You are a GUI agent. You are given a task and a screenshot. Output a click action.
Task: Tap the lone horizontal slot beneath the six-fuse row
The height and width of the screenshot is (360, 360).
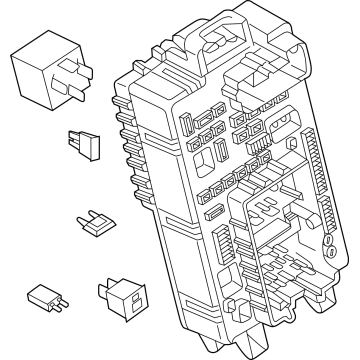point(213,212)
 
